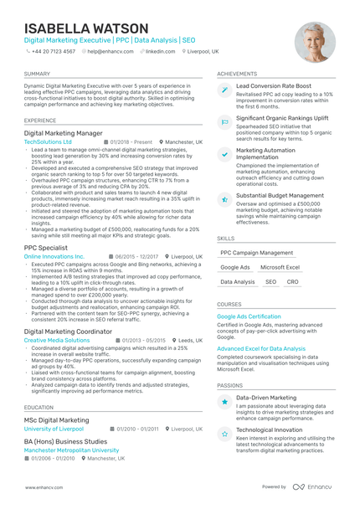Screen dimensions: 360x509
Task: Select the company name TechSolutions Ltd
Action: tap(48, 142)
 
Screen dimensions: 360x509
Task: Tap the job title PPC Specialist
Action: tap(46, 247)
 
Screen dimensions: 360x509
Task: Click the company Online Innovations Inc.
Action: tap(54, 256)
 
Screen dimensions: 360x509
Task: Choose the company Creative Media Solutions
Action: tap(57, 341)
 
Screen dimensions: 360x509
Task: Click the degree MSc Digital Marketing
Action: tap(56, 420)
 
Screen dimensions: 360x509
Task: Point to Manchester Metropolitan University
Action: tap(71, 450)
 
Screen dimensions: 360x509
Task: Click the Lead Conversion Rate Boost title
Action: tap(274, 86)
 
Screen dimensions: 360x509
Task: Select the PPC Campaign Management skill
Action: tap(257, 252)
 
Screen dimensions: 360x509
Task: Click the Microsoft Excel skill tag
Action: tap(280, 267)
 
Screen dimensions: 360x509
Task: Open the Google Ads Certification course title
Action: tap(249, 317)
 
